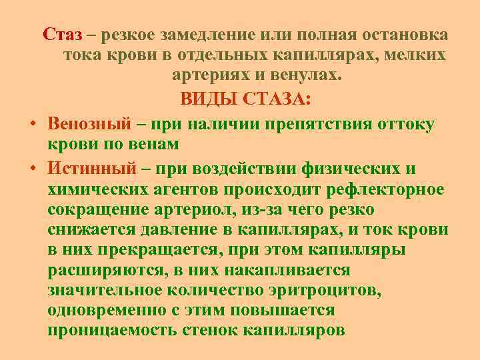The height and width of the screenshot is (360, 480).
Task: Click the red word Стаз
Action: coord(63,34)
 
